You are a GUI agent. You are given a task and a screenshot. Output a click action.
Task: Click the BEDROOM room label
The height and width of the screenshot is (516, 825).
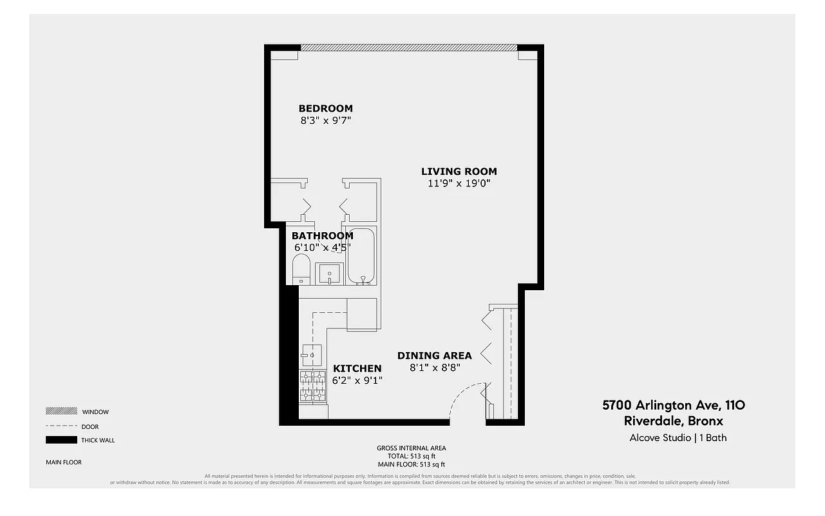325,108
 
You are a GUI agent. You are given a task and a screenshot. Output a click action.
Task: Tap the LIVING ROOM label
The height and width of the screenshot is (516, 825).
459,172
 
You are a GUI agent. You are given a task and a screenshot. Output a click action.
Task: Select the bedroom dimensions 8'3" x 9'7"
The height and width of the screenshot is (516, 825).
325,120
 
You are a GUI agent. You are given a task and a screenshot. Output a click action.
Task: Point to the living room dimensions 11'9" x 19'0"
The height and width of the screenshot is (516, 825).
459,183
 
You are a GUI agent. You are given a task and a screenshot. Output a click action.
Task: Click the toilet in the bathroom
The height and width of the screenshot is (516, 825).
301,270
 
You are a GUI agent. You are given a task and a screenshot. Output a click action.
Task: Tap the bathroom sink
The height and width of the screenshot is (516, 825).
329,273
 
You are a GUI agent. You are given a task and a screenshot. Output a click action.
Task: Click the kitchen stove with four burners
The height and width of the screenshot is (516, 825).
313,386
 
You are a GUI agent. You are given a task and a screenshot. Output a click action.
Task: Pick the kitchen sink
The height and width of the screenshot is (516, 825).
312,354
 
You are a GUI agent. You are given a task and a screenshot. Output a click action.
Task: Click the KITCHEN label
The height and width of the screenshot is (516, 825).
357,368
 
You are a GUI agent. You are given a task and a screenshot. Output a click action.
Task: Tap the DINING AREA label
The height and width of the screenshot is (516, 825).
434,355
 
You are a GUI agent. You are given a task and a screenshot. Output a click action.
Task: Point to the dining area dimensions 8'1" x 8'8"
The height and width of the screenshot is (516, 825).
434,368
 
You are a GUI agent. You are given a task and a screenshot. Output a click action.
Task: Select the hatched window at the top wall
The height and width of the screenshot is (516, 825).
409,47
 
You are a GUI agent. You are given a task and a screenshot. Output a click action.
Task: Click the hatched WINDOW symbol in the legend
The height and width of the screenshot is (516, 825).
61,412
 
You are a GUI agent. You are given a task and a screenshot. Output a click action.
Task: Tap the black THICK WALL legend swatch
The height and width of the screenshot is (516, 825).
61,440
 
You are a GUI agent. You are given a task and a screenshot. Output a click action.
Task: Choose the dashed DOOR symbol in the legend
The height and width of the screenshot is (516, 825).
61,426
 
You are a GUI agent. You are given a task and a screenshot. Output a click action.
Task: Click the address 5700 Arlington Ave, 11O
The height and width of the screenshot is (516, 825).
674,405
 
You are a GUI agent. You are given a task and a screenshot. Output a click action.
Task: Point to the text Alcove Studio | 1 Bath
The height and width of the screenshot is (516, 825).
678,438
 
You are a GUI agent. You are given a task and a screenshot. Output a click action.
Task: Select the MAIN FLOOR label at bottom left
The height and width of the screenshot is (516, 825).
64,462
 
